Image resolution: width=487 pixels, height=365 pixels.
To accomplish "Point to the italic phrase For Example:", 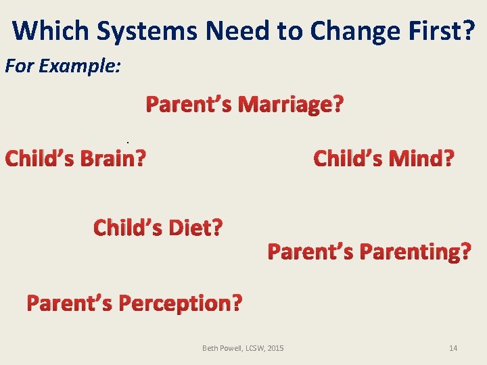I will click(63, 67).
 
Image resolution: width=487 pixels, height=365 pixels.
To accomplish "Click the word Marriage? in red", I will click(292, 105).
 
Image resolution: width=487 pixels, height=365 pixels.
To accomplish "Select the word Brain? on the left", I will click(113, 158).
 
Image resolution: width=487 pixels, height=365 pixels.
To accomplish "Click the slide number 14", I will click(453, 348).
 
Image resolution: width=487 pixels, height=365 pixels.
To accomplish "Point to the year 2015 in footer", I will click(275, 348).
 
